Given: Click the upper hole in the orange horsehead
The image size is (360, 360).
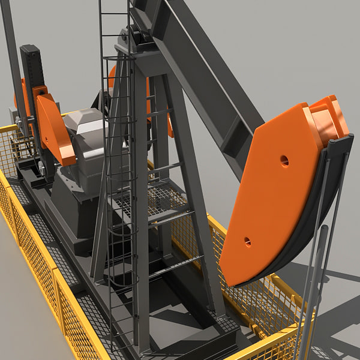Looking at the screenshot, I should pyautogui.click(x=284, y=160).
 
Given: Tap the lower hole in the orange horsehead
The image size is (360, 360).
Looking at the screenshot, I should pyautogui.click(x=247, y=242).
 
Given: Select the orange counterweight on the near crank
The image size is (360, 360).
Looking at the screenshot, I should pyautogui.click(x=56, y=129).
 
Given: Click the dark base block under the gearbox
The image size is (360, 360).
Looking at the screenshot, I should pyautogui.click(x=72, y=210).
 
